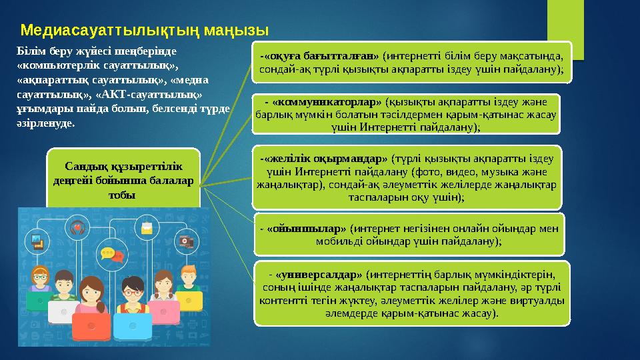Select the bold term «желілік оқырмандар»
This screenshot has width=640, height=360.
point(325,159)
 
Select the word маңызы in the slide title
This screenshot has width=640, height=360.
point(237,30)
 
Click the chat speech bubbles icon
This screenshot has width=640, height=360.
point(111,255)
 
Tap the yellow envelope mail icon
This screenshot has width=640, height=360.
point(146,229)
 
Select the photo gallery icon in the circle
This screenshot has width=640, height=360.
point(38,244)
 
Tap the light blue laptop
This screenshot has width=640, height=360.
point(133,327)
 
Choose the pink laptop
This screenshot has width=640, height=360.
point(163,311)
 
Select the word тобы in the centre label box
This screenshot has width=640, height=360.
point(122,195)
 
